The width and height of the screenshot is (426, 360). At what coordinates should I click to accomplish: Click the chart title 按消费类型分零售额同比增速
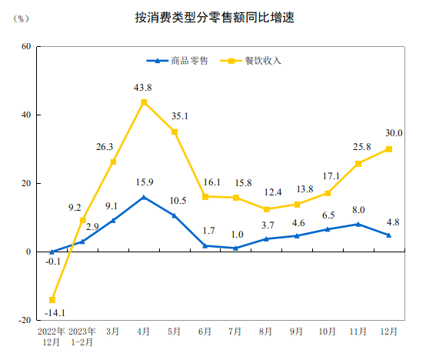213,18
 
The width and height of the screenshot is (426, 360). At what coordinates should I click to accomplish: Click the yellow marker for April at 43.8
144,102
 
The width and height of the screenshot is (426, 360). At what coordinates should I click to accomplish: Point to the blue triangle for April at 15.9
144,197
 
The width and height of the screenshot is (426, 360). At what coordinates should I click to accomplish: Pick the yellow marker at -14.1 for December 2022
52,300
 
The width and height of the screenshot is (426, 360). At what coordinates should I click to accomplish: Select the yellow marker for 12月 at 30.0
388,149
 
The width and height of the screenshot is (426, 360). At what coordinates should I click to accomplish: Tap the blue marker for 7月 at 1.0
235,248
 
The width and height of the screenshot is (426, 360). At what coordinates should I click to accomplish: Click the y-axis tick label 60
25,46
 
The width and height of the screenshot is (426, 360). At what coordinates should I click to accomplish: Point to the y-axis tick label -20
24,320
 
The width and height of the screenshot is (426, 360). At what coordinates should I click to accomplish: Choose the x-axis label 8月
266,332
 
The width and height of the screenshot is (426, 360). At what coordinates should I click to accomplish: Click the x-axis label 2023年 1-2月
82,337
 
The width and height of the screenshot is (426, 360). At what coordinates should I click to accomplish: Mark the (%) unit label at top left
22,18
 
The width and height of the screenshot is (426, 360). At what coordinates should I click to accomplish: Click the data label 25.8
361,147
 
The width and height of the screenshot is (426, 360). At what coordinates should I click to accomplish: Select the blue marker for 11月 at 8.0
358,224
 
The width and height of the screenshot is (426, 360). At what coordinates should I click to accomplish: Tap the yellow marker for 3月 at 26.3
113,162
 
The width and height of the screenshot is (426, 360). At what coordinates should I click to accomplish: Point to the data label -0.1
53,262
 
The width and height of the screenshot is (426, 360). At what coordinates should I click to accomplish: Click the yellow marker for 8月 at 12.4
266,209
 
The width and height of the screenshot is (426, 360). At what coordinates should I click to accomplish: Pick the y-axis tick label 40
25,115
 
